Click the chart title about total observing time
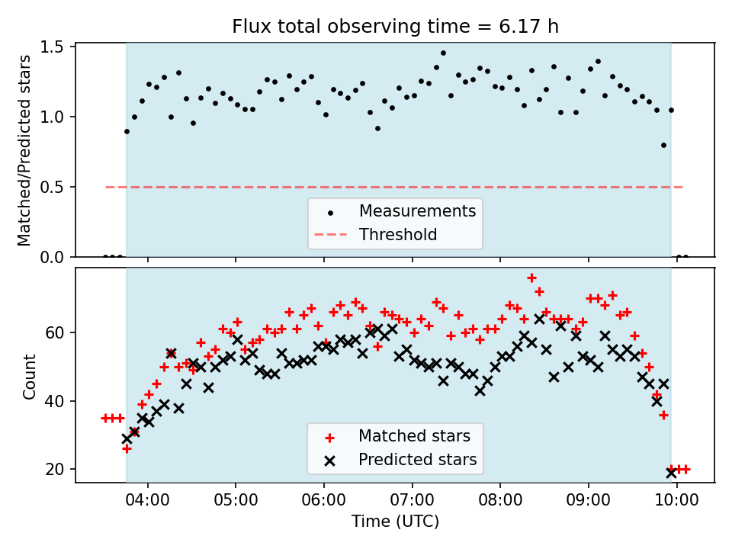pyautogui.click(x=395, y=27)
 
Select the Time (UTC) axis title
pyautogui.click(x=395, y=522)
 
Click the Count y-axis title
pyautogui.click(x=30, y=376)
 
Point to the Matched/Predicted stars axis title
pyautogui.click(x=24, y=150)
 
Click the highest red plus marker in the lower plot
pyautogui.click(x=531, y=278)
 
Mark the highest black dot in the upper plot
pyautogui.click(x=443, y=53)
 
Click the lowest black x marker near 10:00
pyautogui.click(x=671, y=473)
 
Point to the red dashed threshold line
pyautogui.click(x=229, y=187)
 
